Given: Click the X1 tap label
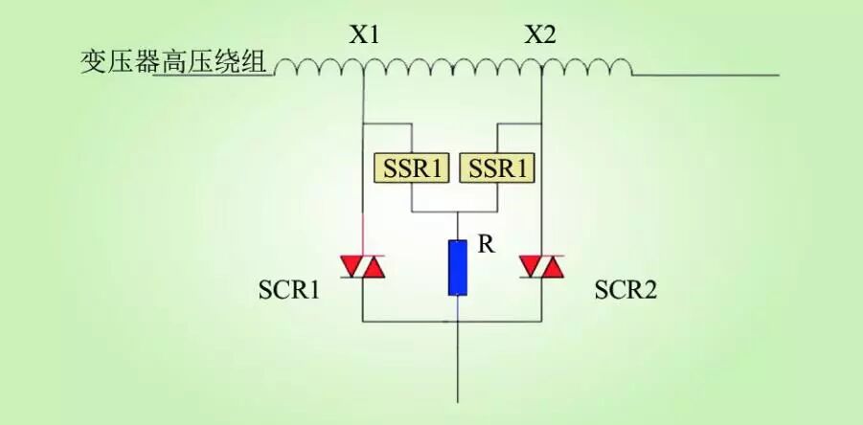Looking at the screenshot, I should (x=364, y=35).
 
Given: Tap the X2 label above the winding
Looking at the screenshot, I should (x=540, y=35).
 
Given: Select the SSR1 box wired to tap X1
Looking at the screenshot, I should (x=410, y=169).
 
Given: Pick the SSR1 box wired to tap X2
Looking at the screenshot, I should (x=498, y=169).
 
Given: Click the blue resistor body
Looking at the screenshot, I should (x=458, y=267).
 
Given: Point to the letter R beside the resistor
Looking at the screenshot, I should (x=486, y=245).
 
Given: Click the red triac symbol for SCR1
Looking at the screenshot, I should (x=364, y=267).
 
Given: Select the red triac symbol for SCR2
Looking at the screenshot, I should (x=541, y=267).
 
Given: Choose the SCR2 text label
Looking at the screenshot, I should (x=625, y=290).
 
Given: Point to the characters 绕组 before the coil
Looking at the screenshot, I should (x=245, y=64).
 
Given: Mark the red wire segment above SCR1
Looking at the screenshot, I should (x=364, y=234).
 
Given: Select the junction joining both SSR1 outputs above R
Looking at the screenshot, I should (x=458, y=212).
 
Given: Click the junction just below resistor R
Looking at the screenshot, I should (x=458, y=319).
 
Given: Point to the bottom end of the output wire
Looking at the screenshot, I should (x=458, y=400).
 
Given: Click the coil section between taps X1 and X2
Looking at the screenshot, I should (x=452, y=67).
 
